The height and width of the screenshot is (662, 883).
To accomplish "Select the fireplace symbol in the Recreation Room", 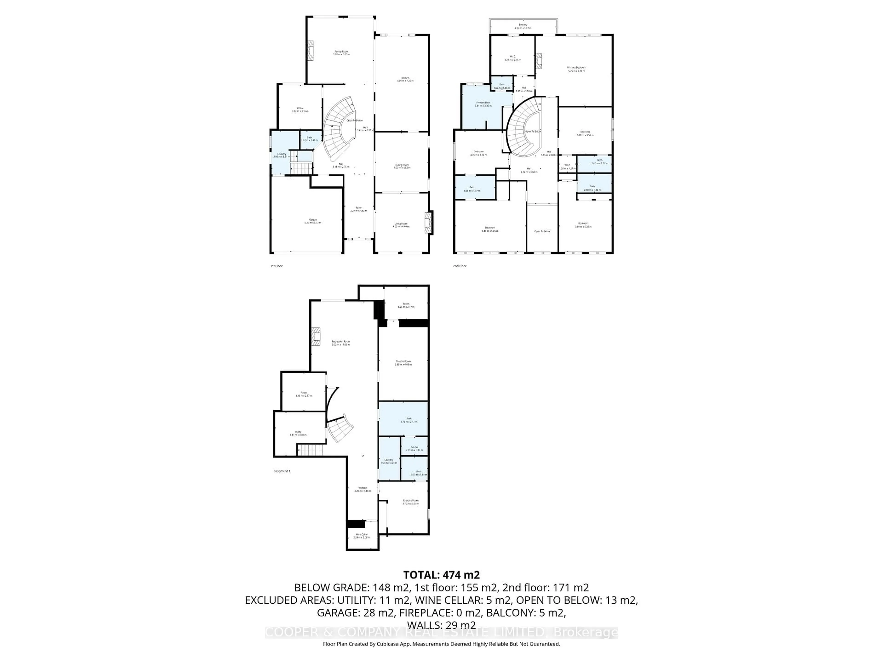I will click(316, 336).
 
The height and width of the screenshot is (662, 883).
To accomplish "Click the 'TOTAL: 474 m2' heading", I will click(441, 575).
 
